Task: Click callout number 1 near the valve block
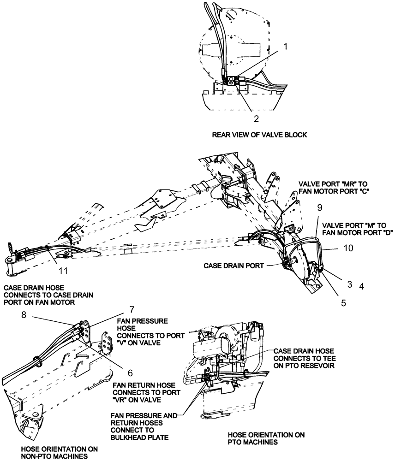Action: click(286, 47)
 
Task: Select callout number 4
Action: click(362, 286)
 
